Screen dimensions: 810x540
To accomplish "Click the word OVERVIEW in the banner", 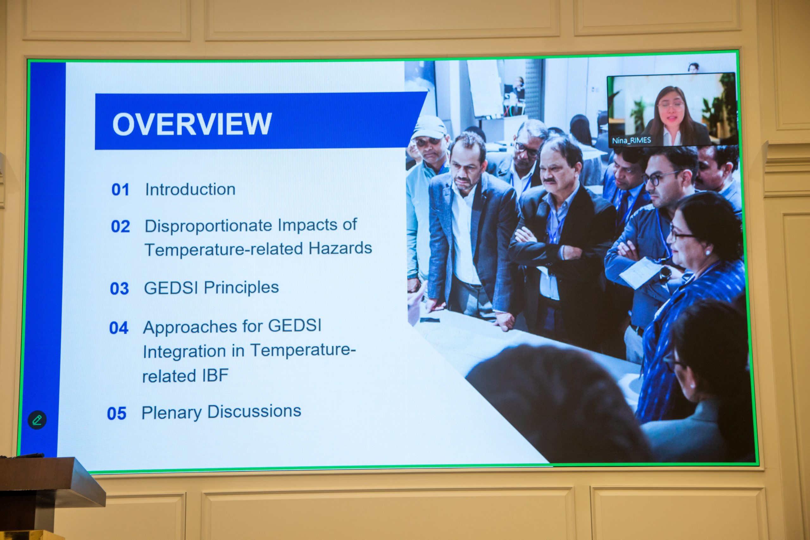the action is [x=192, y=124].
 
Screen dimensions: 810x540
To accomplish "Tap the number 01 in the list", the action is [x=120, y=190].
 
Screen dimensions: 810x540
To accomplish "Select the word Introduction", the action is [x=190, y=189].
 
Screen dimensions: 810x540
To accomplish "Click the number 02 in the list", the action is [x=120, y=226].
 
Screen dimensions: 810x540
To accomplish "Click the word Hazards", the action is [x=340, y=248].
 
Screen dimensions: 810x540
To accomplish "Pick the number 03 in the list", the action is [x=119, y=289].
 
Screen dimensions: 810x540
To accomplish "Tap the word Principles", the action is [x=241, y=288].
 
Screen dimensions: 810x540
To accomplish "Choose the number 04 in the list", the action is [x=118, y=328].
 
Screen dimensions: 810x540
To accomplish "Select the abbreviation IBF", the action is [x=215, y=376].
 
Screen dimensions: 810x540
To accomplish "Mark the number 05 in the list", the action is [x=116, y=413].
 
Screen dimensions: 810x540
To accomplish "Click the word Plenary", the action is [x=171, y=413].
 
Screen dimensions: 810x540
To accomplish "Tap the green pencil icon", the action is [x=37, y=420].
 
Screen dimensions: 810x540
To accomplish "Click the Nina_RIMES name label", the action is [x=631, y=140].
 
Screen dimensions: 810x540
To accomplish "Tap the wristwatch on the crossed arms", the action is [x=665, y=273].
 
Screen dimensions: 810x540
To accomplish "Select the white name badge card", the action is [x=638, y=272].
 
